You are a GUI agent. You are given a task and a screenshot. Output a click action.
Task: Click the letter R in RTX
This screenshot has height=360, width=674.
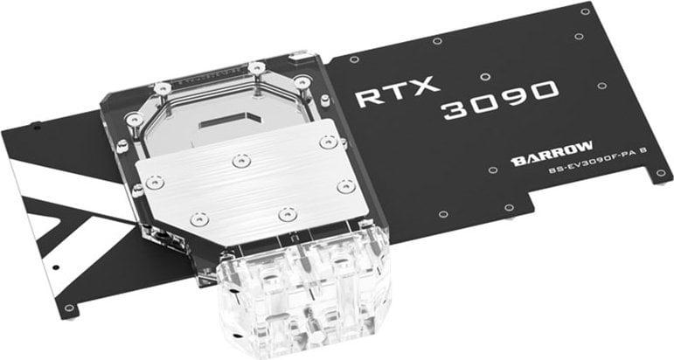[x=370, y=94]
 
